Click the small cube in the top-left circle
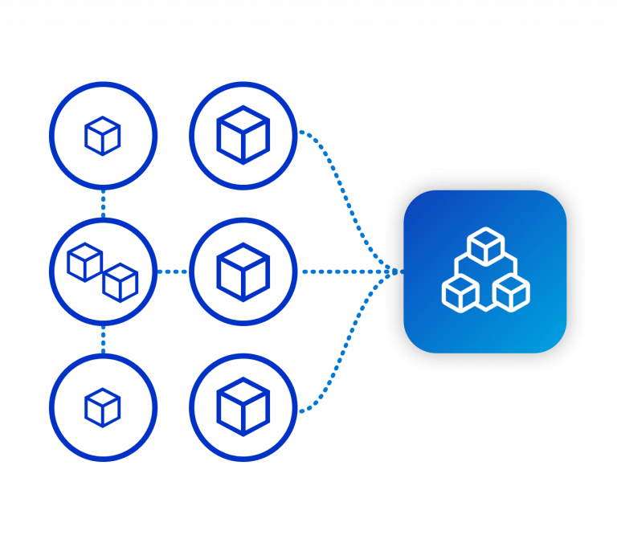103,136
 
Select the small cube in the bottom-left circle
103,407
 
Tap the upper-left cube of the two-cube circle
84,262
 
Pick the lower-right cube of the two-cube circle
121,282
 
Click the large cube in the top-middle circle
243,135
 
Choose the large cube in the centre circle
243,271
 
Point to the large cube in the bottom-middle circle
243,406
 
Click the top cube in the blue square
485,246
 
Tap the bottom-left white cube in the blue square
460,292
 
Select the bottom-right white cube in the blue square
511,292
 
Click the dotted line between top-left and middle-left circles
103,203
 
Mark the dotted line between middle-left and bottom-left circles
103,339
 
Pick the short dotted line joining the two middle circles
173,271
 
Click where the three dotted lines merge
389,271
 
